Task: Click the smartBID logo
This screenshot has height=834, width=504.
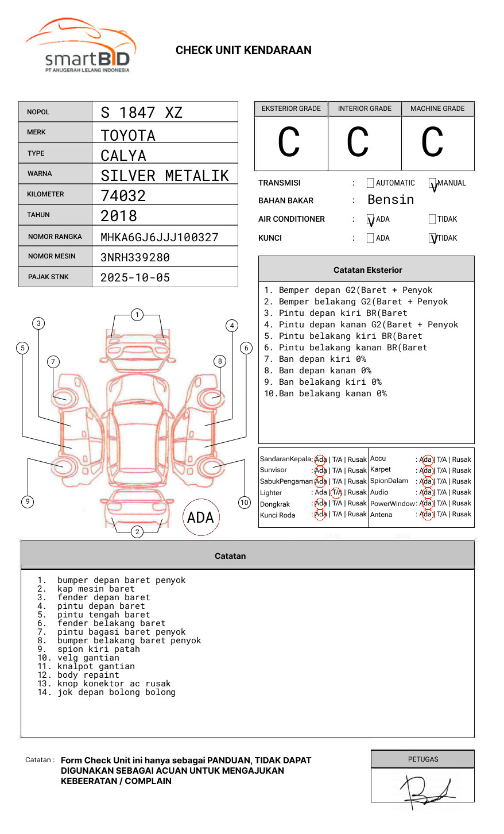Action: [80, 46]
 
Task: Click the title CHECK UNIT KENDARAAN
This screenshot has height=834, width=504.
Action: [243, 51]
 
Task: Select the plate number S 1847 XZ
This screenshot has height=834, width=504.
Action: [141, 113]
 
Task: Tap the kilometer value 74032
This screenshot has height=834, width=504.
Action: [123, 196]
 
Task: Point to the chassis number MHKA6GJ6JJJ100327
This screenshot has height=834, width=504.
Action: [160, 237]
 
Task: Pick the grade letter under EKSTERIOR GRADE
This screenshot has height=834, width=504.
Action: [289, 143]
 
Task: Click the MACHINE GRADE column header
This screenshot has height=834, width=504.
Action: [437, 109]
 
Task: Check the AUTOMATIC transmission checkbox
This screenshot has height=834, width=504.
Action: [370, 183]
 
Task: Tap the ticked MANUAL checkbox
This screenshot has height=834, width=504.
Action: [432, 184]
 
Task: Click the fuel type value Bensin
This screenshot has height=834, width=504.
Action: [390, 200]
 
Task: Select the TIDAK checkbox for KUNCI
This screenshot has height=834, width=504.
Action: [433, 238]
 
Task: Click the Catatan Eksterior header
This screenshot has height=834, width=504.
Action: [367, 270]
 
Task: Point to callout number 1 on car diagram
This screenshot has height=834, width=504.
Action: [137, 315]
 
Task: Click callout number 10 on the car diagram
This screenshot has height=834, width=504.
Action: [245, 503]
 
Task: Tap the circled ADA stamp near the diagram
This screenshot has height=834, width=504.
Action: [201, 518]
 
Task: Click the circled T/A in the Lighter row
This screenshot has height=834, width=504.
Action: [336, 492]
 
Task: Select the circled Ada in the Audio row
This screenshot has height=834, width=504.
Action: [426, 492]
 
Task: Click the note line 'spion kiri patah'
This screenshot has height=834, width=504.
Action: [99, 649]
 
